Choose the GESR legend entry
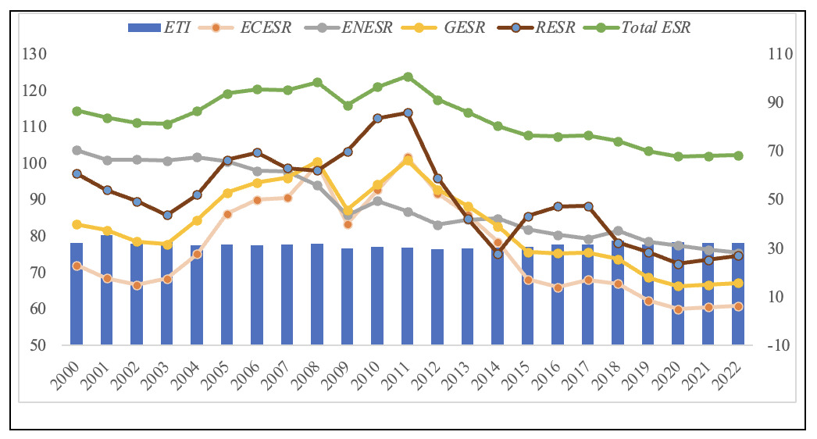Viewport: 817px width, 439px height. click(452, 27)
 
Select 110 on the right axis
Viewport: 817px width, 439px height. click(781, 54)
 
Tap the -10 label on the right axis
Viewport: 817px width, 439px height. click(781, 345)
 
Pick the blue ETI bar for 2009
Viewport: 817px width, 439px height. click(348, 297)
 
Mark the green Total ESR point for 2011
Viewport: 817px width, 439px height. click(408, 77)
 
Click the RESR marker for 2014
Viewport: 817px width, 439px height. click(498, 254)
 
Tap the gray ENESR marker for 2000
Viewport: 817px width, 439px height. click(77, 150)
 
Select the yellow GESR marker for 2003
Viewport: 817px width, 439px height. click(167, 244)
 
